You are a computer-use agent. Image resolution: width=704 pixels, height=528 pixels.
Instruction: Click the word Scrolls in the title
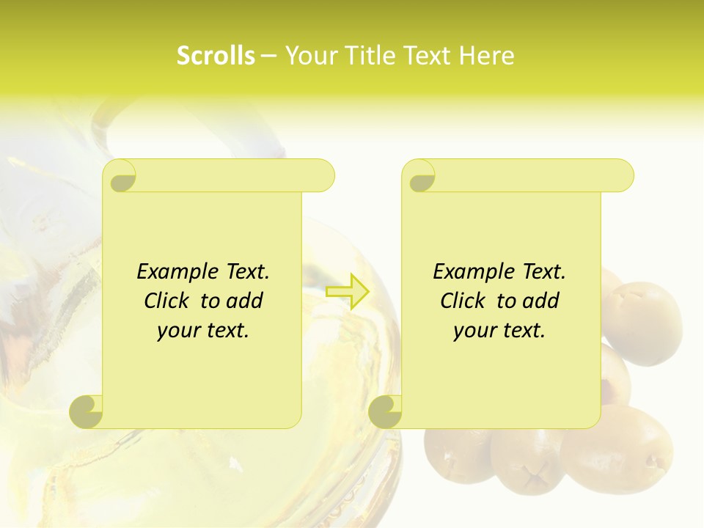tap(216, 56)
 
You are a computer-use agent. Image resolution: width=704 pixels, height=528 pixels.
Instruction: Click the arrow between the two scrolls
tap(347, 292)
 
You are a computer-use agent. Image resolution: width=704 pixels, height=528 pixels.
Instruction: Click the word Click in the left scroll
tap(167, 301)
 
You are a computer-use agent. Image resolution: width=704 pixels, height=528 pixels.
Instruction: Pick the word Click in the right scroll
tap(463, 301)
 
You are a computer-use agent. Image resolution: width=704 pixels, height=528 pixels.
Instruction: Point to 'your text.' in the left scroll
tap(203, 331)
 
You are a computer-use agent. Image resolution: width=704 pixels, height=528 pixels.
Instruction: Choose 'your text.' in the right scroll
tap(499, 331)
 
